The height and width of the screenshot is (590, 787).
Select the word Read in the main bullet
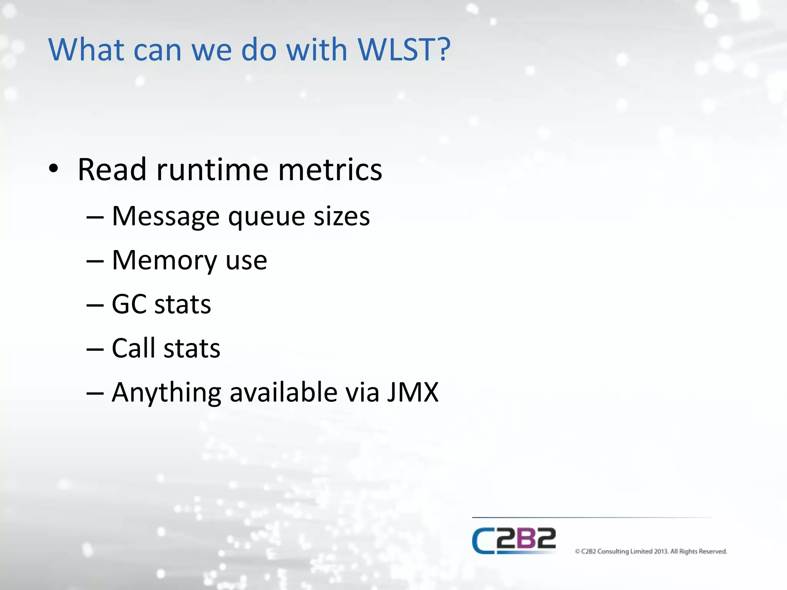coord(112,170)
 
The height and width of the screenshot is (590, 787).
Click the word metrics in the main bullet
coord(330,170)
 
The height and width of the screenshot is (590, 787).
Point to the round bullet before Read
coord(53,169)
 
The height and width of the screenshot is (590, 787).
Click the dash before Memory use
coord(95,261)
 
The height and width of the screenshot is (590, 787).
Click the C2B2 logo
coord(514,540)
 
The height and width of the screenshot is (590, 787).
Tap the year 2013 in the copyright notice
coord(661,552)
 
